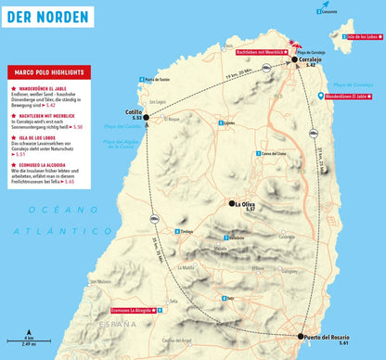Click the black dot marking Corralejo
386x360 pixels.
(295, 59)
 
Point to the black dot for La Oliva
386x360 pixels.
(233, 202)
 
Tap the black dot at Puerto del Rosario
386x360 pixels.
(302, 338)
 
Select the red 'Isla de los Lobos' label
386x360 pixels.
(359, 37)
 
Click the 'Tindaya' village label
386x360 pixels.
(188, 232)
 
